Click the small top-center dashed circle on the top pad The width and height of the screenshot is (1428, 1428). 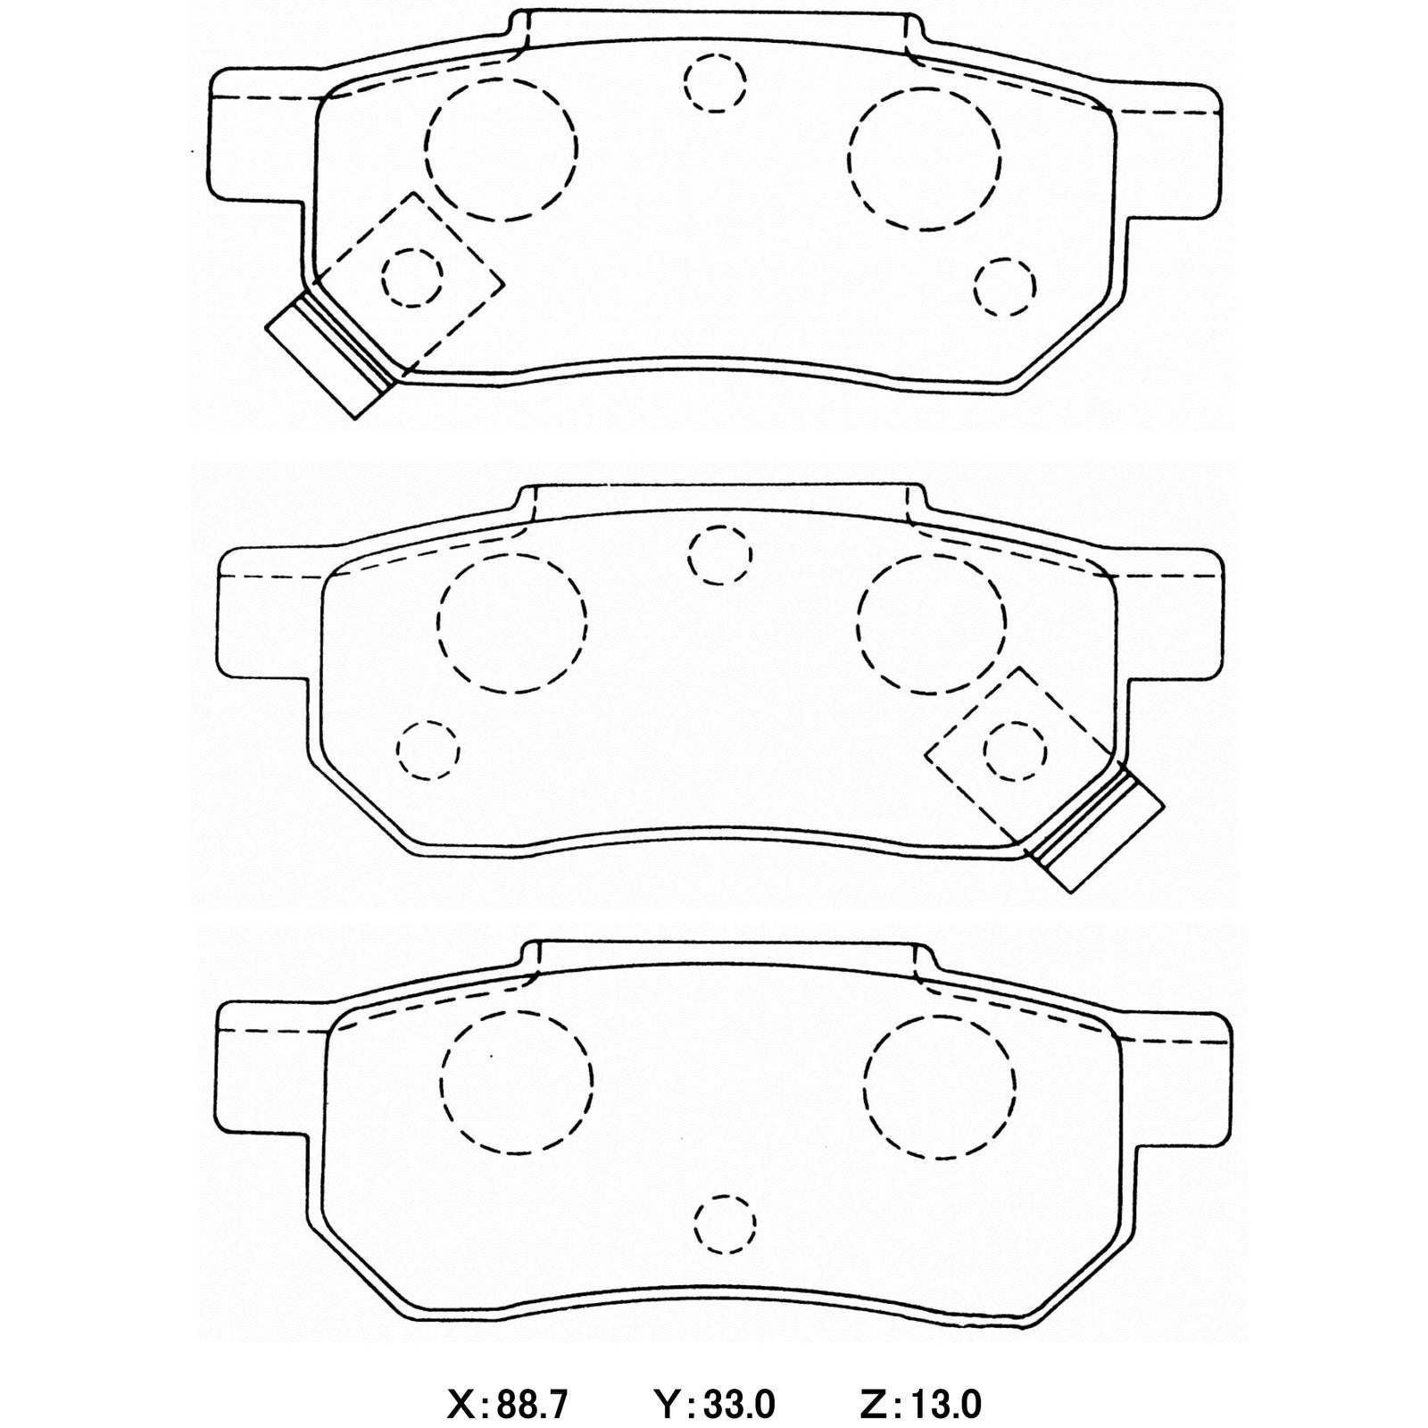tap(715, 82)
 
